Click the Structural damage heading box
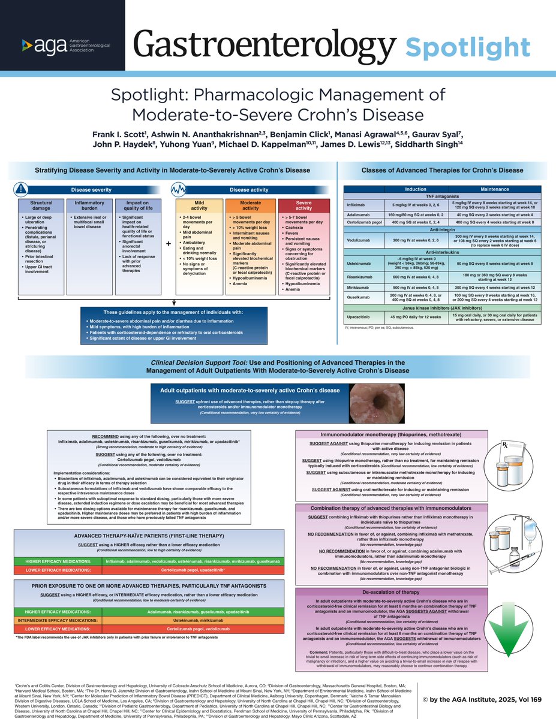point(41,206)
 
